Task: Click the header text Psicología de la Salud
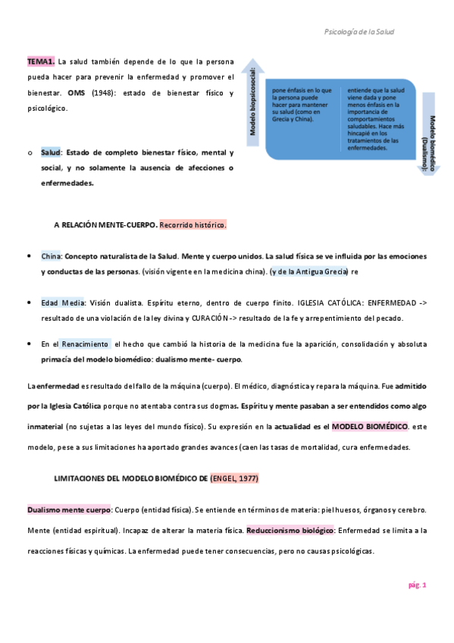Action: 359,32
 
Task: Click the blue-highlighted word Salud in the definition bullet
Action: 51,152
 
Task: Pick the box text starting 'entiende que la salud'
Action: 377,118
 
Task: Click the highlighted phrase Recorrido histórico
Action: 193,225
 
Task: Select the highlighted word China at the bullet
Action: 51,256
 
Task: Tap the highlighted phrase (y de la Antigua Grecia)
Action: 308,271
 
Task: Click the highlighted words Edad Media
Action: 62,303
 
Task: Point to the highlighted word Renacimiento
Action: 85,343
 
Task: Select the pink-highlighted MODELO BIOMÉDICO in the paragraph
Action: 371,426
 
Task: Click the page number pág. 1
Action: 417,585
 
